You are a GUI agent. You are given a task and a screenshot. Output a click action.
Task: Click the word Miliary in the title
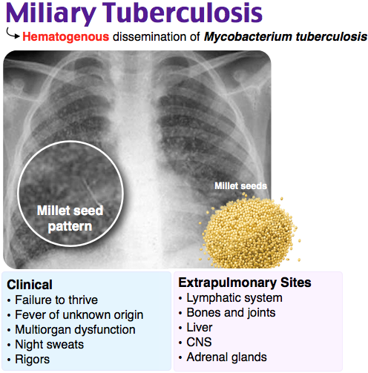click(x=51, y=13)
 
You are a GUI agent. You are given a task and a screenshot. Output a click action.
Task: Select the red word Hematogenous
click(x=65, y=37)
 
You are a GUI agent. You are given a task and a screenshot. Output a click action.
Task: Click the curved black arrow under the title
click(x=13, y=33)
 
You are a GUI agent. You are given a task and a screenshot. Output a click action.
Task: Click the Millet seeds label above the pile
click(x=240, y=186)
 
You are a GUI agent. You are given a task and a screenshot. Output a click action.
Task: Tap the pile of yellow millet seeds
click(x=249, y=231)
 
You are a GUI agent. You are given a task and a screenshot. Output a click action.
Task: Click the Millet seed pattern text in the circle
click(x=70, y=219)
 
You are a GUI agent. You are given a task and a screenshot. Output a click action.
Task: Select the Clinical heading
click(x=30, y=285)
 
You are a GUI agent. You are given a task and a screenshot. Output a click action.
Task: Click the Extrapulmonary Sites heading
click(x=245, y=283)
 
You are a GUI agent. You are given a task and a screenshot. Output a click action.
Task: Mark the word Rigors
click(x=33, y=360)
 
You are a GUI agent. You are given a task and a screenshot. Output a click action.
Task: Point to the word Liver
click(x=200, y=328)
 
